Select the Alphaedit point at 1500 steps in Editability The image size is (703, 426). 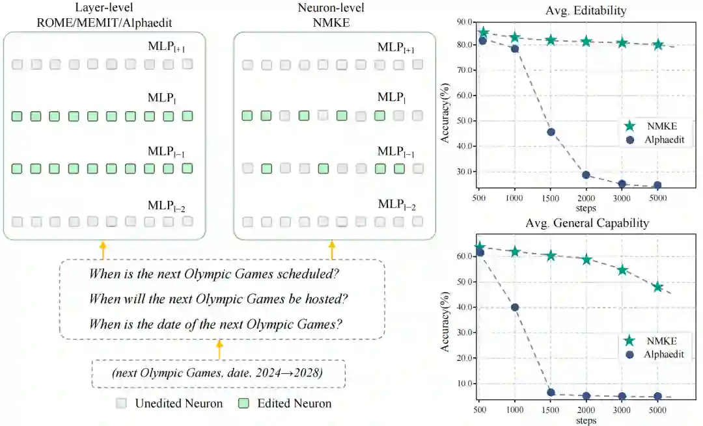tap(551, 132)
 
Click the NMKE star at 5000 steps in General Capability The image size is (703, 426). tap(657, 287)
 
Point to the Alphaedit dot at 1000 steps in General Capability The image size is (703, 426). tap(515, 308)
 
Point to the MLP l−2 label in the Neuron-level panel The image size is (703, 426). tap(396, 205)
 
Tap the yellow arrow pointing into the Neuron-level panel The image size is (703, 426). tap(333, 250)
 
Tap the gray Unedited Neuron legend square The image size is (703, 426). tap(122, 403)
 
